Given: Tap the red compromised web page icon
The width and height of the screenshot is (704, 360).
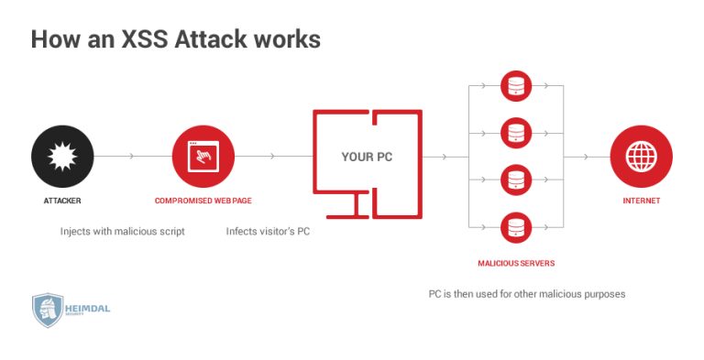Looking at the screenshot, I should click(x=203, y=157).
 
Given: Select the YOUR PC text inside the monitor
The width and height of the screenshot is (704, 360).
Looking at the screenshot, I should click(x=367, y=157).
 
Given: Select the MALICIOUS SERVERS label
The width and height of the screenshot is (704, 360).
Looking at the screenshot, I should click(x=515, y=263).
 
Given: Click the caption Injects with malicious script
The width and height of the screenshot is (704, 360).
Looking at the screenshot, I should click(x=123, y=232).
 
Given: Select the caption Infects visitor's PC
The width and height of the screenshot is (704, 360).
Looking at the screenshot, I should click(x=268, y=232).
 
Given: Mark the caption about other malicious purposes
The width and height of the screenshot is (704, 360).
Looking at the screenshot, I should click(x=526, y=294).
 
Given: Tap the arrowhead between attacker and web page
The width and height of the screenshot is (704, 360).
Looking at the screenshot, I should click(x=133, y=157).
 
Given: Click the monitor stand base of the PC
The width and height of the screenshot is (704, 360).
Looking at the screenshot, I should click(x=368, y=217).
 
